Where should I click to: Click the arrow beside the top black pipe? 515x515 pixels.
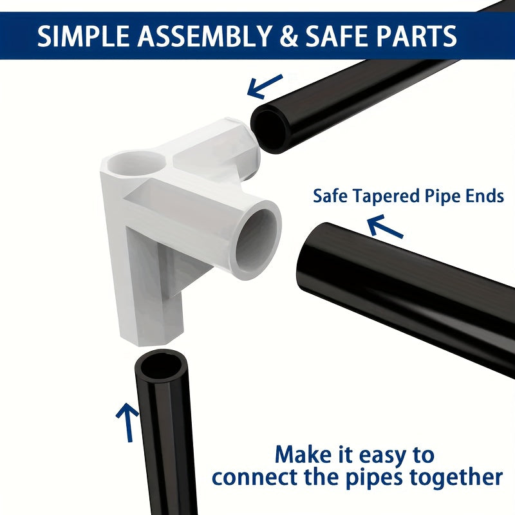point(265,86)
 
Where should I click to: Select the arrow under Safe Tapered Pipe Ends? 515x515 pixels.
point(384,227)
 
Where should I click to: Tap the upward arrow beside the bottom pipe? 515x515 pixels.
point(128,422)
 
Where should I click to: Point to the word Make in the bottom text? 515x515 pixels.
point(303,455)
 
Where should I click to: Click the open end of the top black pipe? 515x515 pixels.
point(270,130)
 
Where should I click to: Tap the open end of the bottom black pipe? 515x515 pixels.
point(162,365)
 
